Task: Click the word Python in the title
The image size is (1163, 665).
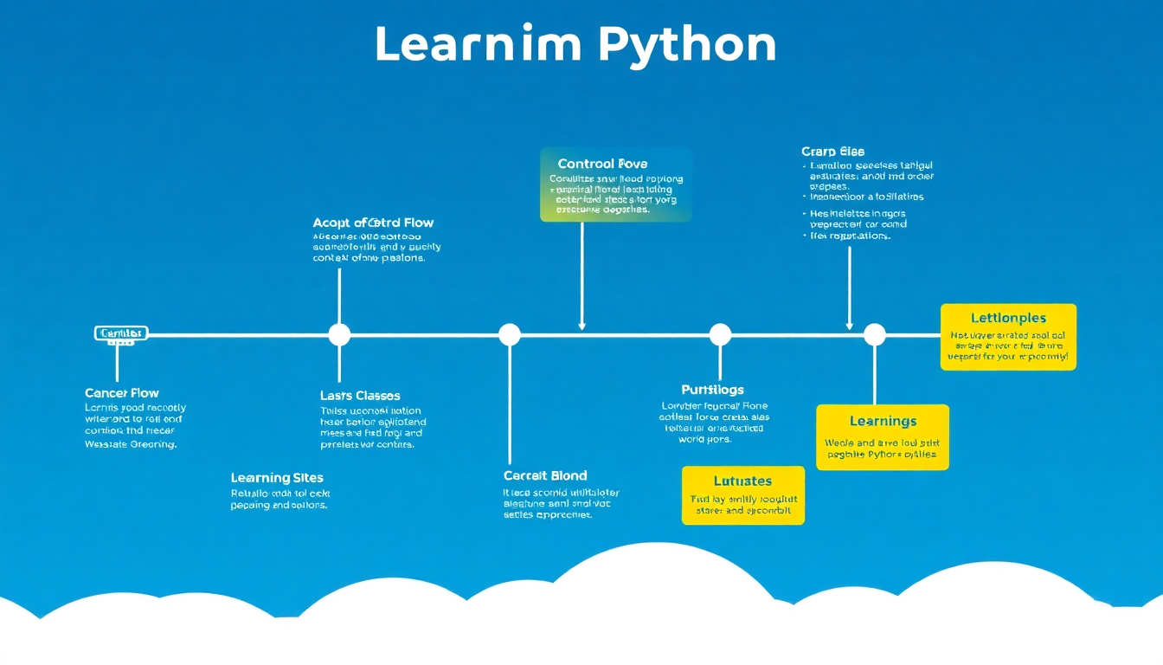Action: pyautogui.click(x=687, y=45)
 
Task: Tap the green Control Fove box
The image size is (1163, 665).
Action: pyautogui.click(x=615, y=184)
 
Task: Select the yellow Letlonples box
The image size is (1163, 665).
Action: pyautogui.click(x=1008, y=337)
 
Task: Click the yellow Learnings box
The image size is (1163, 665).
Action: pyautogui.click(x=883, y=437)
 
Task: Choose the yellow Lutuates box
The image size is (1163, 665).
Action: pyautogui.click(x=742, y=495)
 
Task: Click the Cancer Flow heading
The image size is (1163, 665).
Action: pyautogui.click(x=122, y=393)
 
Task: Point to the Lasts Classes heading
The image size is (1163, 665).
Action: pyautogui.click(x=360, y=396)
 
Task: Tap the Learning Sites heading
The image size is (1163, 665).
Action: pyautogui.click(x=277, y=478)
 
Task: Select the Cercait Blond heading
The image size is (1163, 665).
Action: pyautogui.click(x=545, y=475)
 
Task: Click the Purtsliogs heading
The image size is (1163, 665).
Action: pyautogui.click(x=712, y=390)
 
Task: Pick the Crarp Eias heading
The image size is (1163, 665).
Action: pyautogui.click(x=832, y=152)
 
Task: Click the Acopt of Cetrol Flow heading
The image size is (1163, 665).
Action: pyautogui.click(x=373, y=223)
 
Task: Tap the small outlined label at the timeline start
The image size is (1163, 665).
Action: pyautogui.click(x=121, y=333)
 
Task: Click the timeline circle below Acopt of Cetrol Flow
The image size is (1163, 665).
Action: pyautogui.click(x=339, y=334)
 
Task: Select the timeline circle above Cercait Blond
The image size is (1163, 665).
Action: pyautogui.click(x=510, y=334)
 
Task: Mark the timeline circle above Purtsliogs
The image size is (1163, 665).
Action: pyautogui.click(x=720, y=334)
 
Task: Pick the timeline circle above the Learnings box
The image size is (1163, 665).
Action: pyautogui.click(x=875, y=334)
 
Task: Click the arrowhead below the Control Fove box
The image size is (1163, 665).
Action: pyautogui.click(x=581, y=326)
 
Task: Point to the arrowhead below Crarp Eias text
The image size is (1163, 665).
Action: pyautogui.click(x=849, y=326)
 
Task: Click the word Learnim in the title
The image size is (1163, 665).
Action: pyautogui.click(x=478, y=45)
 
